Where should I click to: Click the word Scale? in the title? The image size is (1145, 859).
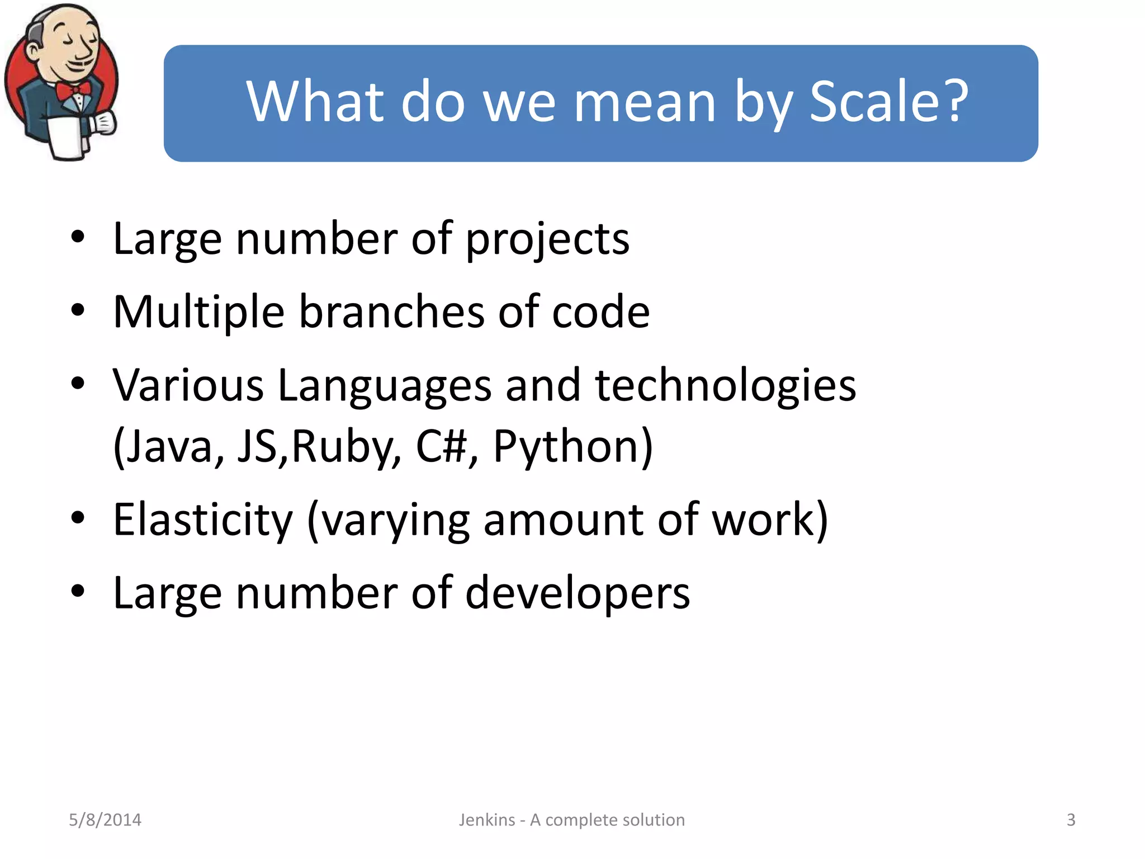click(889, 102)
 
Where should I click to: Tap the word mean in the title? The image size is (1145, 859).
click(645, 102)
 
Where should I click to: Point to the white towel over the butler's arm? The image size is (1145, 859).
click(67, 137)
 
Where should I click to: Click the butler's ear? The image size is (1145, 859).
click(34, 51)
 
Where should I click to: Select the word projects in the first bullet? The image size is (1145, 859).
click(547, 239)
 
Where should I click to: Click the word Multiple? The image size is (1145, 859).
click(198, 312)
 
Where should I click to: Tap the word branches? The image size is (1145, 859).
click(391, 312)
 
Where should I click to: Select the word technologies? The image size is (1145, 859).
click(725, 386)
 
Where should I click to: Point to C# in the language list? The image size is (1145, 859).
click(442, 446)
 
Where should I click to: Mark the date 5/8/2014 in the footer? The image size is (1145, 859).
click(105, 820)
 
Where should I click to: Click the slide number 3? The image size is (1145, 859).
click(1071, 820)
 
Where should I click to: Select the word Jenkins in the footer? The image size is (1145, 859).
click(487, 820)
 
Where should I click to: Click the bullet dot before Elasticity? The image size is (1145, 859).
click(78, 517)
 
